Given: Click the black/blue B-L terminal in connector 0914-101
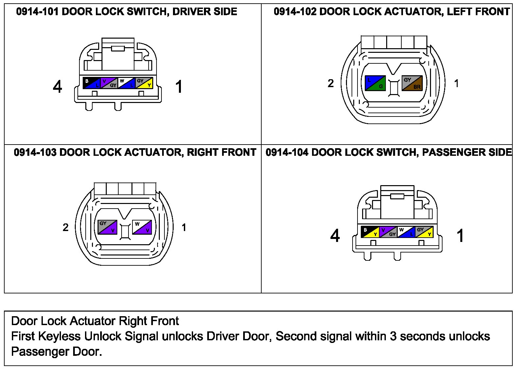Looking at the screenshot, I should [91, 83].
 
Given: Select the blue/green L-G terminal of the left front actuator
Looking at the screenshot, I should [375, 83].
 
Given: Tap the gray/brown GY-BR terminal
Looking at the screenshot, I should [412, 83].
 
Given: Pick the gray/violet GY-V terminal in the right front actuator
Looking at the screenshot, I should [107, 227].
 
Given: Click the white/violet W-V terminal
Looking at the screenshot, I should [142, 227].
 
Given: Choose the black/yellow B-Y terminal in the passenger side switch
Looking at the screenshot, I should [370, 232].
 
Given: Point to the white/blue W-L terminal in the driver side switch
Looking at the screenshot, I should [127, 83].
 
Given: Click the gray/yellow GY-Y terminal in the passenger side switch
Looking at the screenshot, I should [424, 232].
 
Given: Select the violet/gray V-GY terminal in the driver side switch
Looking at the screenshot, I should [109, 83].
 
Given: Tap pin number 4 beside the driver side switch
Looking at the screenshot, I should [57, 87].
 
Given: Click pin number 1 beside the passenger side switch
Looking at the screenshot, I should [460, 236].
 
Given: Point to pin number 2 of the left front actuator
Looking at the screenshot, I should [330, 84].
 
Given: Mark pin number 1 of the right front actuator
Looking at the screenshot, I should [184, 227].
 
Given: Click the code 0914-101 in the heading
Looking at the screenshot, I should [37, 12].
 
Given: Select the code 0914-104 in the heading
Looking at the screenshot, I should [287, 152].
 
